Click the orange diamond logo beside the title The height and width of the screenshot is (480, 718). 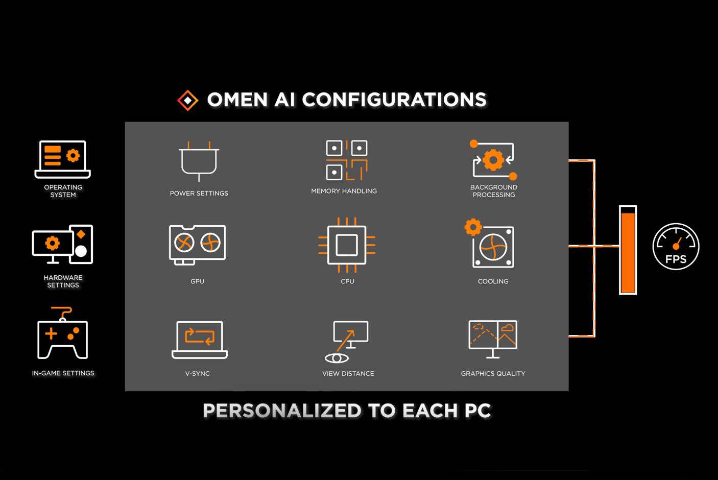[x=188, y=100]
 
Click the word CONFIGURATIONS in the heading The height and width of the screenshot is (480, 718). [x=394, y=100]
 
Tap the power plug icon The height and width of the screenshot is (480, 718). [x=199, y=160]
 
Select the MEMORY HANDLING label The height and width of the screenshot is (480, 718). [x=344, y=191]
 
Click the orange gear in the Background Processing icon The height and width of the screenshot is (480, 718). [x=493, y=160]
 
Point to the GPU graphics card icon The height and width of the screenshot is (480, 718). [x=197, y=244]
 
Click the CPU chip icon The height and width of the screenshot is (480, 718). [x=347, y=245]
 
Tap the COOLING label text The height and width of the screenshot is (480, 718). [x=493, y=281]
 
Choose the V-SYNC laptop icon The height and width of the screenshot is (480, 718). [x=199, y=339]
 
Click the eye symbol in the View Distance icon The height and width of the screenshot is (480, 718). [x=337, y=358]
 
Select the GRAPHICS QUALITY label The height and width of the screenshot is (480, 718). [x=493, y=374]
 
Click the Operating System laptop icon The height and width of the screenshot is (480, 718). [x=62, y=159]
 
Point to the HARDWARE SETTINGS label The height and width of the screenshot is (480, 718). [x=63, y=281]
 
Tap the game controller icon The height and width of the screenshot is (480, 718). [x=62, y=337]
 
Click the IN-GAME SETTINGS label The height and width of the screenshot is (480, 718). [x=63, y=373]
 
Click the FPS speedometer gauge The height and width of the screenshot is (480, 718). [x=676, y=247]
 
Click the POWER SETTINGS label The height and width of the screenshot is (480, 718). [x=199, y=194]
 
